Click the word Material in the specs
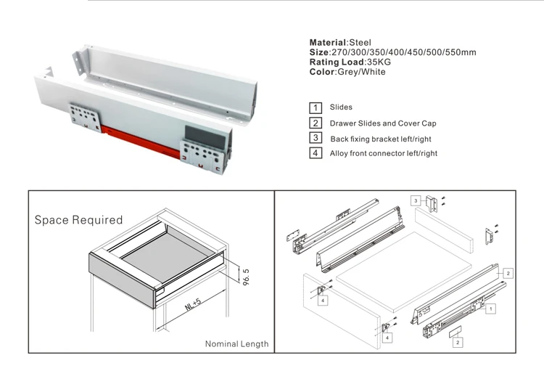328,43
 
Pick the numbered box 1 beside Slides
316,108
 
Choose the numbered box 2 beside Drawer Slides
316,123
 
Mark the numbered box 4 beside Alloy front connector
316,153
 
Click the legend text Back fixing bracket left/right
382,139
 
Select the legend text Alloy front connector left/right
384,153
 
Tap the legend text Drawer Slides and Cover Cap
383,123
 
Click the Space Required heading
78,219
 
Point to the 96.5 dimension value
246,277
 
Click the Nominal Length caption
236,343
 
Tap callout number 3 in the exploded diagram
416,200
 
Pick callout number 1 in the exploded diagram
492,309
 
